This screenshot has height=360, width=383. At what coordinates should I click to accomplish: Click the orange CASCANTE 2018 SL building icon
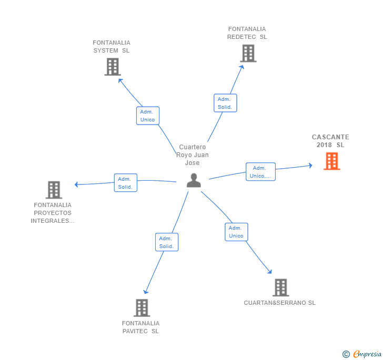pos(331,161)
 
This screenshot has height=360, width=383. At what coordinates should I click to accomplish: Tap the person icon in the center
pos(194,180)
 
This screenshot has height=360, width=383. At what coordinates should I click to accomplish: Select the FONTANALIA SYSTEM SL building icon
pos(113,67)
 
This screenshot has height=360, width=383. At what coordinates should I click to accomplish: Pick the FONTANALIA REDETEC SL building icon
pos(248,54)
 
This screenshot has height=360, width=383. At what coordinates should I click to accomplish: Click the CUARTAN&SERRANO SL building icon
pos(280,287)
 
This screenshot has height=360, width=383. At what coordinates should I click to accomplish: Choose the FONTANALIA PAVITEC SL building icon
pos(142,308)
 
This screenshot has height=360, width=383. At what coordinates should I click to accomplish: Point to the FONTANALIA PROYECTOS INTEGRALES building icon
pos(54,190)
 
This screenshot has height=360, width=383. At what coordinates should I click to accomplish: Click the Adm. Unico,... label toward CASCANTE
pos(260,172)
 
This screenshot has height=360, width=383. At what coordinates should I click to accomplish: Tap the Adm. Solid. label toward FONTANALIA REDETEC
pos(225,103)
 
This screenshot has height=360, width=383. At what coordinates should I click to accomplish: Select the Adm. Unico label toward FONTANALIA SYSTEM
pos(147,116)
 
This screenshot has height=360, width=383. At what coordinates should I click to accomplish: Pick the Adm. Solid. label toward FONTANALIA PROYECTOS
pos(125,183)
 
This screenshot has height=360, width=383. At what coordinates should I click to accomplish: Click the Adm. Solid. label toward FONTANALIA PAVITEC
pos(166,242)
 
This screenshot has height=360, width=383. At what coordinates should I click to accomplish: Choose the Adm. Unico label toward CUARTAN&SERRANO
pos(236,232)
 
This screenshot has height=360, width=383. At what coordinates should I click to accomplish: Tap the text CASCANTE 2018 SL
pos(330,141)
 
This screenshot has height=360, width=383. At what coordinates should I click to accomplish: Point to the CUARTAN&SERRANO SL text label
pos(279,303)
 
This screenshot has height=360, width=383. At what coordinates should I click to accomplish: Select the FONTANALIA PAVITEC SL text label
pos(140,327)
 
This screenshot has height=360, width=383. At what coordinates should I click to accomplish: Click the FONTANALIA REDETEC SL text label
pos(247,33)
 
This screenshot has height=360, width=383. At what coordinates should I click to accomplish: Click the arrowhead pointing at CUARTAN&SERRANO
pos(270,272)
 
